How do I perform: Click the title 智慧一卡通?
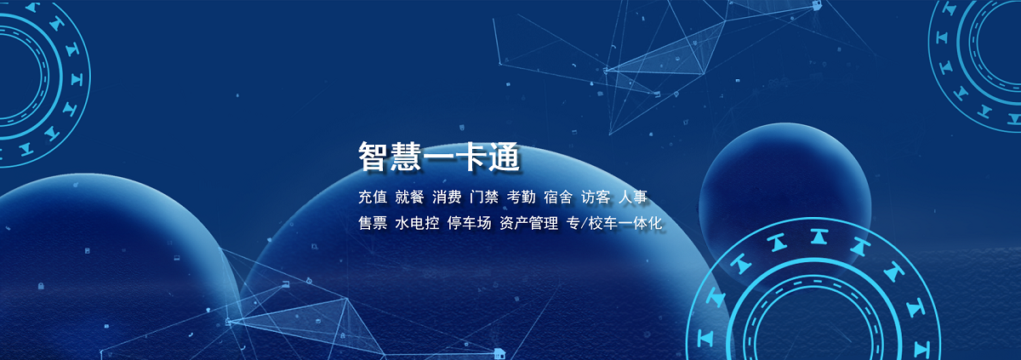(x=438, y=157)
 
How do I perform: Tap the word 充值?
(x=373, y=197)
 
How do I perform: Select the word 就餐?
(x=409, y=197)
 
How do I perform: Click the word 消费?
(x=447, y=197)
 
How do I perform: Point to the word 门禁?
(x=483, y=197)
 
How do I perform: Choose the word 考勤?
(x=521, y=197)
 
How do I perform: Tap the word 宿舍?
(x=558, y=197)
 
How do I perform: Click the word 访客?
(x=596, y=197)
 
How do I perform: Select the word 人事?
(x=633, y=197)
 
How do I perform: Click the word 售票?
(x=373, y=223)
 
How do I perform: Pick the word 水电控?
(x=417, y=223)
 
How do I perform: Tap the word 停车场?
(x=469, y=223)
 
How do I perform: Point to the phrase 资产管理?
(x=528, y=223)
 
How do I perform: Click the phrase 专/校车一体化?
(x=614, y=223)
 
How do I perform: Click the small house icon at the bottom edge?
(x=499, y=353)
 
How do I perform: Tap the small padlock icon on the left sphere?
(x=41, y=286)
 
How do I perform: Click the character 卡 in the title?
(x=471, y=157)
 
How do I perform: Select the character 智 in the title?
(x=374, y=157)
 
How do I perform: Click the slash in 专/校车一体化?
(x=585, y=223)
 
